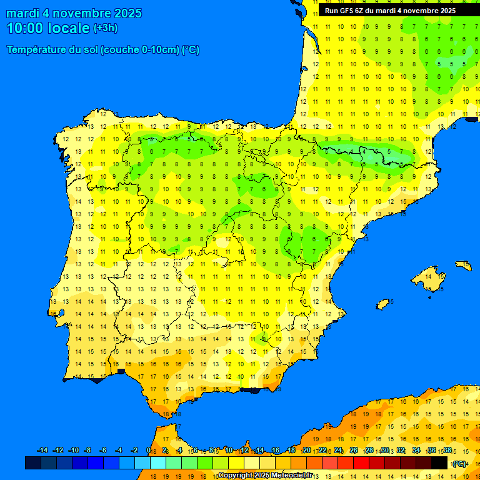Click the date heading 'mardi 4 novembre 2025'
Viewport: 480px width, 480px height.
click(x=74, y=13)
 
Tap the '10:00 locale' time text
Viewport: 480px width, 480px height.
click(x=48, y=28)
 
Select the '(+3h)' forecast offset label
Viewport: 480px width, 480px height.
click(x=105, y=28)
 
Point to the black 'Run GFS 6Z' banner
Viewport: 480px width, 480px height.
click(x=390, y=11)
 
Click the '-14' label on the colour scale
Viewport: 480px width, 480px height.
click(x=42, y=451)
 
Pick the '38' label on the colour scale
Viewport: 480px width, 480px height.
click(x=447, y=451)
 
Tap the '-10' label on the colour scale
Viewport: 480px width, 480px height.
click(x=74, y=451)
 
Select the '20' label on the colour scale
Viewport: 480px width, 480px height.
click(x=306, y=451)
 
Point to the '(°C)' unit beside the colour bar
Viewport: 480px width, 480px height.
click(x=459, y=464)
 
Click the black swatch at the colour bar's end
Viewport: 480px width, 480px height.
click(x=439, y=463)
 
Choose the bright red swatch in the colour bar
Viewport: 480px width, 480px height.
click(x=361, y=463)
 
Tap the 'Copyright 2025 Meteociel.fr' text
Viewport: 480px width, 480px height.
click(x=265, y=476)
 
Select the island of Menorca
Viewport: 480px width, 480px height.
click(x=464, y=265)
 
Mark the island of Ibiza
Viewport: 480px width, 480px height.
click(x=383, y=304)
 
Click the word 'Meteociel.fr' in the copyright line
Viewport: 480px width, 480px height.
click(x=292, y=476)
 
